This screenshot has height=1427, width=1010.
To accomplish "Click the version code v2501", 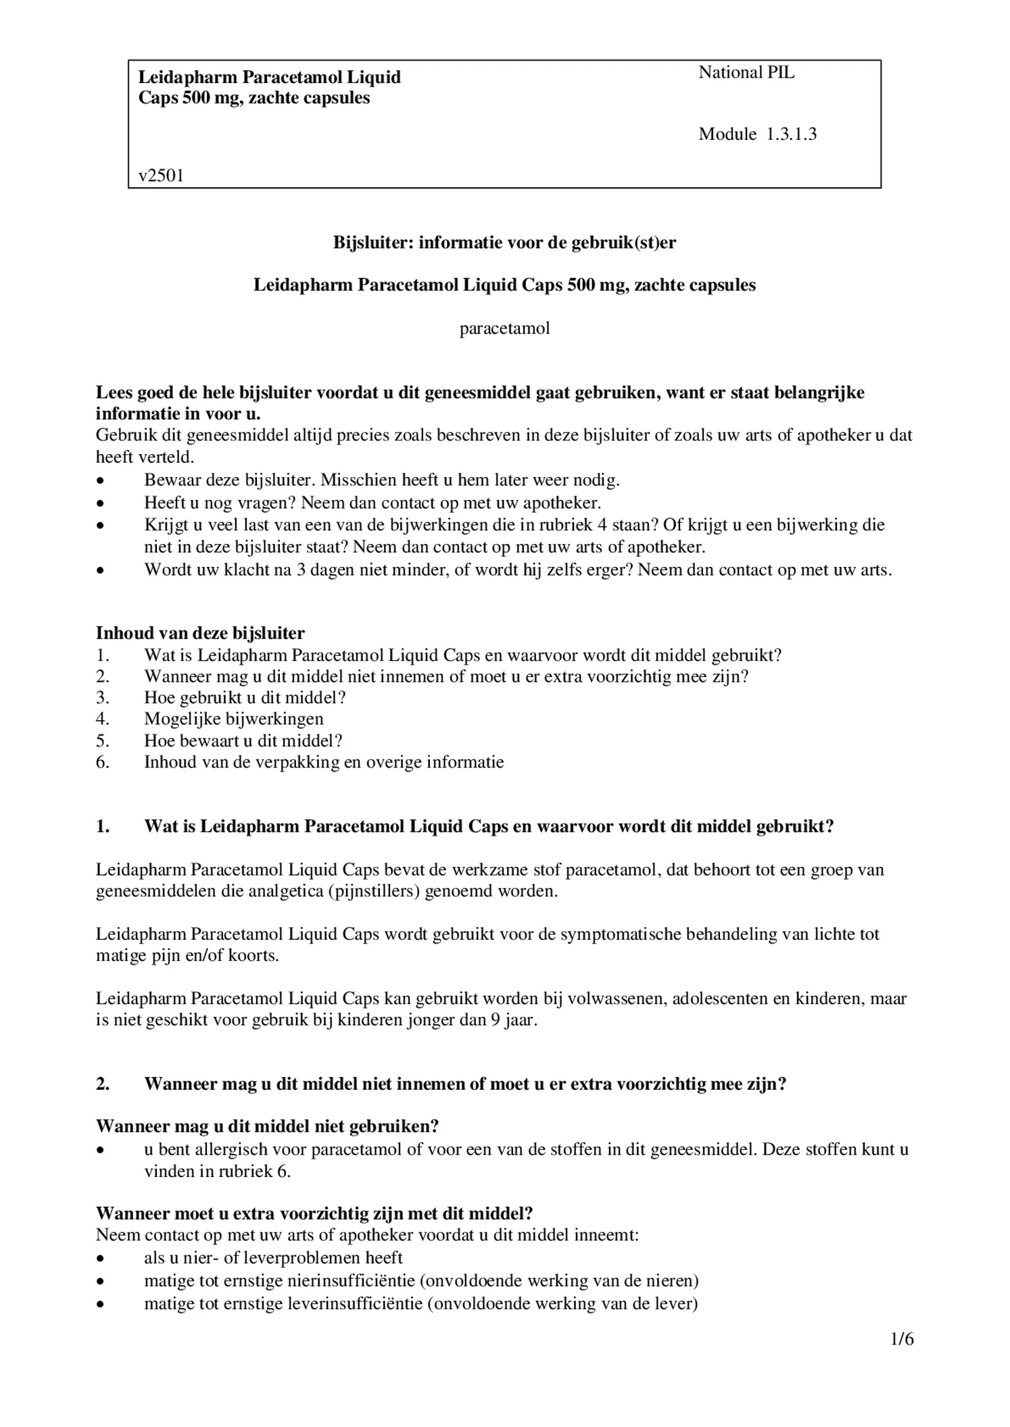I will pos(161,176).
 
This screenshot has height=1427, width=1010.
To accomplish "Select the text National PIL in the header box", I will pos(746,73).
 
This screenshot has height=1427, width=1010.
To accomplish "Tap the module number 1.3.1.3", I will pos(791,134).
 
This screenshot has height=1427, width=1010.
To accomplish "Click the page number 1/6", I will pos(902,1338).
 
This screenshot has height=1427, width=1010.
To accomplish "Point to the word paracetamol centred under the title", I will pos(504,329).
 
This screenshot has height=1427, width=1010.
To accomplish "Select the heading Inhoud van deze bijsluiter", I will pos(200,633).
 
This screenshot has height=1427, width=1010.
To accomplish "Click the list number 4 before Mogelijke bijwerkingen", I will pos(102,719).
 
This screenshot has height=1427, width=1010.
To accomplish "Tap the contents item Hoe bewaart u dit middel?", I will pos(243,741).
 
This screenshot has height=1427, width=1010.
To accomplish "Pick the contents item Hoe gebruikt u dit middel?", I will pos(245,697).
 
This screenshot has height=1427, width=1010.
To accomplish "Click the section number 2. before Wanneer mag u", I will pos(103,1084).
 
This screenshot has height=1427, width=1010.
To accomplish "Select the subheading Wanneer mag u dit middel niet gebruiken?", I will pos(267,1126).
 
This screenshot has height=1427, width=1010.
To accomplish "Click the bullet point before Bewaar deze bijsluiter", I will pos(100,482).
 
